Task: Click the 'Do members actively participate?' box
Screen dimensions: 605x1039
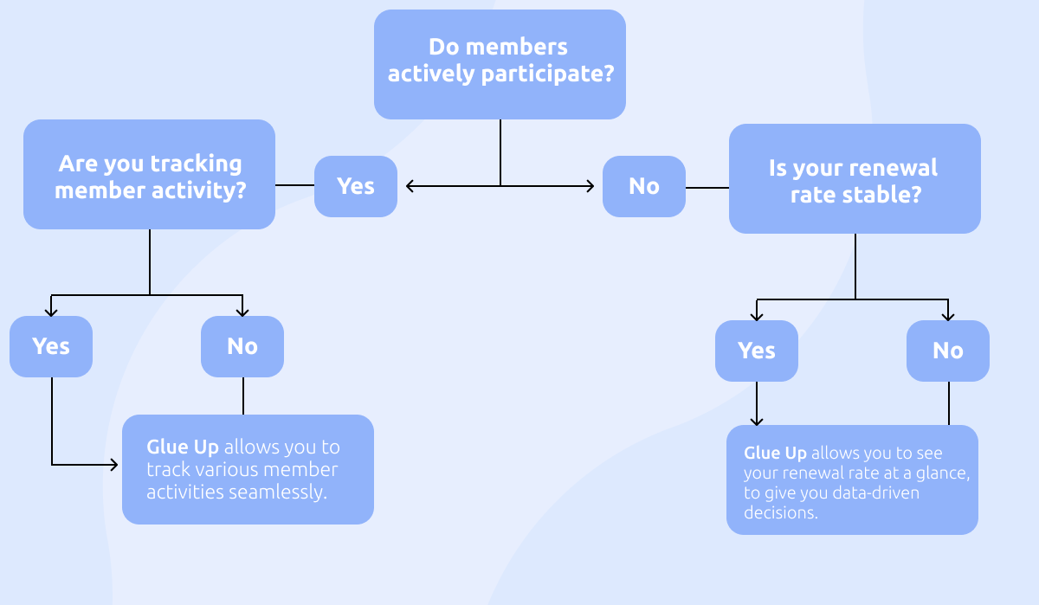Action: tap(500, 64)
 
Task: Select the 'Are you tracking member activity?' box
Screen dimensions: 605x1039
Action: tap(149, 174)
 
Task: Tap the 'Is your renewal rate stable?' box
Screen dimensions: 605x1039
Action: tap(854, 179)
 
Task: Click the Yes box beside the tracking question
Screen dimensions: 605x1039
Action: tap(355, 186)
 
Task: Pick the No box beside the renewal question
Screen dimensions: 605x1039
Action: tap(643, 186)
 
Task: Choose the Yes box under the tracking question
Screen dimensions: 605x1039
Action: tap(51, 346)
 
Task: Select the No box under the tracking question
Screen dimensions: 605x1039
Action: tap(242, 346)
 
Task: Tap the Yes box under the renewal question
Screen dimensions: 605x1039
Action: tap(756, 351)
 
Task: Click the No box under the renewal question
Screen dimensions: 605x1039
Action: tap(947, 351)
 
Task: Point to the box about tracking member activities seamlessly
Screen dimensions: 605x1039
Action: tap(248, 469)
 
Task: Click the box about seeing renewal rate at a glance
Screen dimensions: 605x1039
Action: tap(852, 479)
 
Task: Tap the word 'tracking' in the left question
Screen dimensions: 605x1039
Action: tap(196, 164)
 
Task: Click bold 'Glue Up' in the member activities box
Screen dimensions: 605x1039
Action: tap(184, 447)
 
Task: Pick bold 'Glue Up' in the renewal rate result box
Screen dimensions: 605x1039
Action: tap(775, 454)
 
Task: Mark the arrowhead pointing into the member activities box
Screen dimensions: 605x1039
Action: tap(113, 465)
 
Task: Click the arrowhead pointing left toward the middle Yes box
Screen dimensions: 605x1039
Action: tap(410, 185)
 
